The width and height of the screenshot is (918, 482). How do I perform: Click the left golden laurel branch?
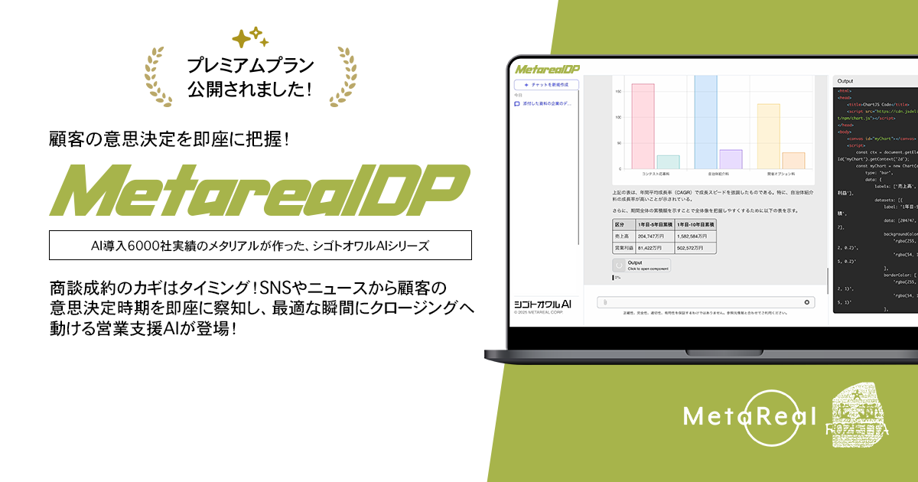[159, 77]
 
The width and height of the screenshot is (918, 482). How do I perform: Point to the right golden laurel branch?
[343, 77]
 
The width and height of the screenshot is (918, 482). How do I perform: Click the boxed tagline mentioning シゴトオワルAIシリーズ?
[259, 246]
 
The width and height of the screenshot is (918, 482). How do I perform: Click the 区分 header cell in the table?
[620, 225]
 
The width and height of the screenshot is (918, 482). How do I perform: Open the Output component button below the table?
[641, 265]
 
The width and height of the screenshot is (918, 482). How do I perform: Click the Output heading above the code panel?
[845, 80]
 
